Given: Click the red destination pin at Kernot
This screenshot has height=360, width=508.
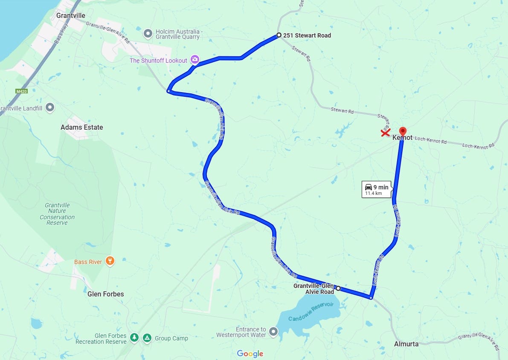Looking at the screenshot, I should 403,131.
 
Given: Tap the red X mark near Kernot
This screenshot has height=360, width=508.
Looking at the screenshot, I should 385,133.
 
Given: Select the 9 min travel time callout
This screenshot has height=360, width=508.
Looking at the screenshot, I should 377,190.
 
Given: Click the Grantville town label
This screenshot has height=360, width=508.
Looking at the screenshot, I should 71,16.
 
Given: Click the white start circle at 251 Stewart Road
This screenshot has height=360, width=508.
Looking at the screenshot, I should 279,35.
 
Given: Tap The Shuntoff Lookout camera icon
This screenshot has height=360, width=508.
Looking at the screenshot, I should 195,60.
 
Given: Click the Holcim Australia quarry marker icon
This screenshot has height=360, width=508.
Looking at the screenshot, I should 148,33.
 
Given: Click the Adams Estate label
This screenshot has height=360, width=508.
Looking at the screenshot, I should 81,127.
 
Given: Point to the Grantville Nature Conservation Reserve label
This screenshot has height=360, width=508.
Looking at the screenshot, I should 57,214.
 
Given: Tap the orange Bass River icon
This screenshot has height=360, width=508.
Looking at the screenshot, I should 110,261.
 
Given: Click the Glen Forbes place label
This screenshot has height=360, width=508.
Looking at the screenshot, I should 105,294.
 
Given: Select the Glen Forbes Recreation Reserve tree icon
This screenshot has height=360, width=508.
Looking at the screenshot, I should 134,338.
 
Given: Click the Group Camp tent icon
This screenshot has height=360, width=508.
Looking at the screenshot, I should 147,338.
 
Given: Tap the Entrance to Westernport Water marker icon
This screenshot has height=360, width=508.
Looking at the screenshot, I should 273,331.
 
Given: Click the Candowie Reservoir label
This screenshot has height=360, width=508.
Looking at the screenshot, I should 311,312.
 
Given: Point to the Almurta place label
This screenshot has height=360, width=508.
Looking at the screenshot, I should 406,344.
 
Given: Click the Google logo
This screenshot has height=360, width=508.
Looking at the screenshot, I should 250,354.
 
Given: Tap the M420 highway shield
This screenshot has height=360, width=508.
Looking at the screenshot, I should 21,91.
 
